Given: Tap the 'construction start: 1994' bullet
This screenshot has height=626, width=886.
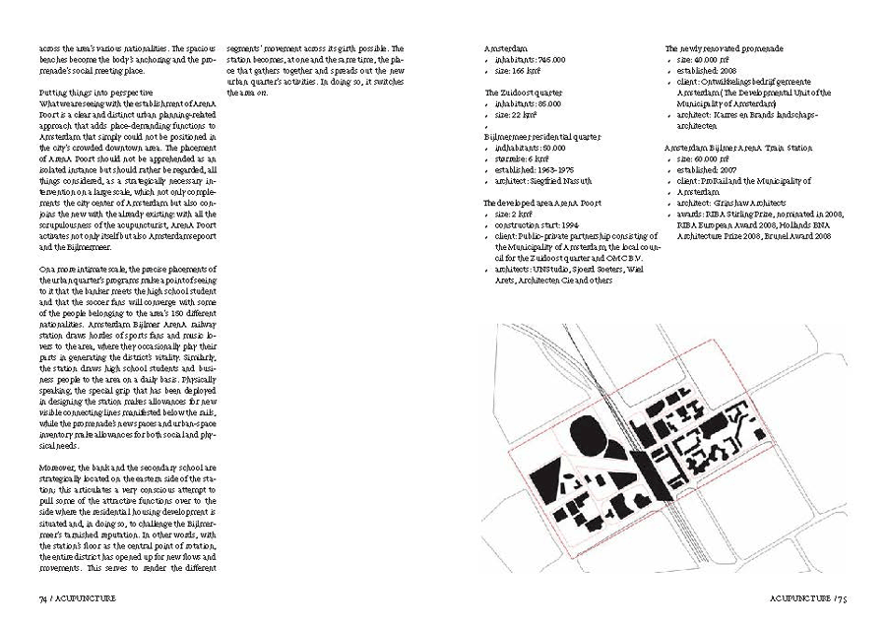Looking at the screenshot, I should coord(538,223).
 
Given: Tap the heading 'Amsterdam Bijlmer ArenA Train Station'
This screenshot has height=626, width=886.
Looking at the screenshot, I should coord(738,147).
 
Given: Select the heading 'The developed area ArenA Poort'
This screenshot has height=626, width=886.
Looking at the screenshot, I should coord(542,202).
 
